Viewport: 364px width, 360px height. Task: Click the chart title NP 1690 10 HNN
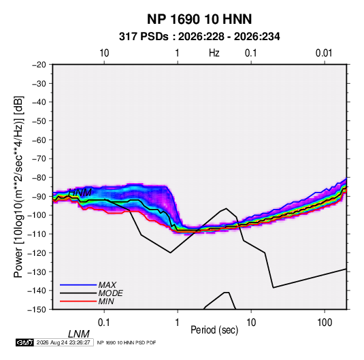point(199,19)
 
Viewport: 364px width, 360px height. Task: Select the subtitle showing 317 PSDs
point(199,37)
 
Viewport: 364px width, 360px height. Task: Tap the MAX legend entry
point(107,284)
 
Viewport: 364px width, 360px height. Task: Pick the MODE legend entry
point(110,293)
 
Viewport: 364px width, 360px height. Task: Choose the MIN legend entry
point(106,301)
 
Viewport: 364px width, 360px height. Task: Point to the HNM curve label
point(80,193)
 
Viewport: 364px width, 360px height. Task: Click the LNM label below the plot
point(78,334)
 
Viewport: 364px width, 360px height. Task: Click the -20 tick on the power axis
point(39,65)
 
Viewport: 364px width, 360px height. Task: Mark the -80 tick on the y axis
point(39,178)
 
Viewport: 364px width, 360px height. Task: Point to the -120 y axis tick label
point(37,253)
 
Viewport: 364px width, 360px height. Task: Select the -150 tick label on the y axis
point(37,310)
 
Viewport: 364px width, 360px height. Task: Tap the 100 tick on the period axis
point(325,323)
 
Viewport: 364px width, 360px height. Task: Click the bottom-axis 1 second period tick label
point(178,323)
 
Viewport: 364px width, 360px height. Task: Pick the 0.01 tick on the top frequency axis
point(324,53)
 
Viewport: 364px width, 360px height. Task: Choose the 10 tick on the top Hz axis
point(104,53)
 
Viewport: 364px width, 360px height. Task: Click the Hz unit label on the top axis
point(214,53)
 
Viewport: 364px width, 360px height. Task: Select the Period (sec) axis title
point(214,330)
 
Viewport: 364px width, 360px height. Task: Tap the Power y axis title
point(18,187)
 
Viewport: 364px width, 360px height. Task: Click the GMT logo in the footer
point(24,342)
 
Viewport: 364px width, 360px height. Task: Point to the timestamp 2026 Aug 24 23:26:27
point(63,342)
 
